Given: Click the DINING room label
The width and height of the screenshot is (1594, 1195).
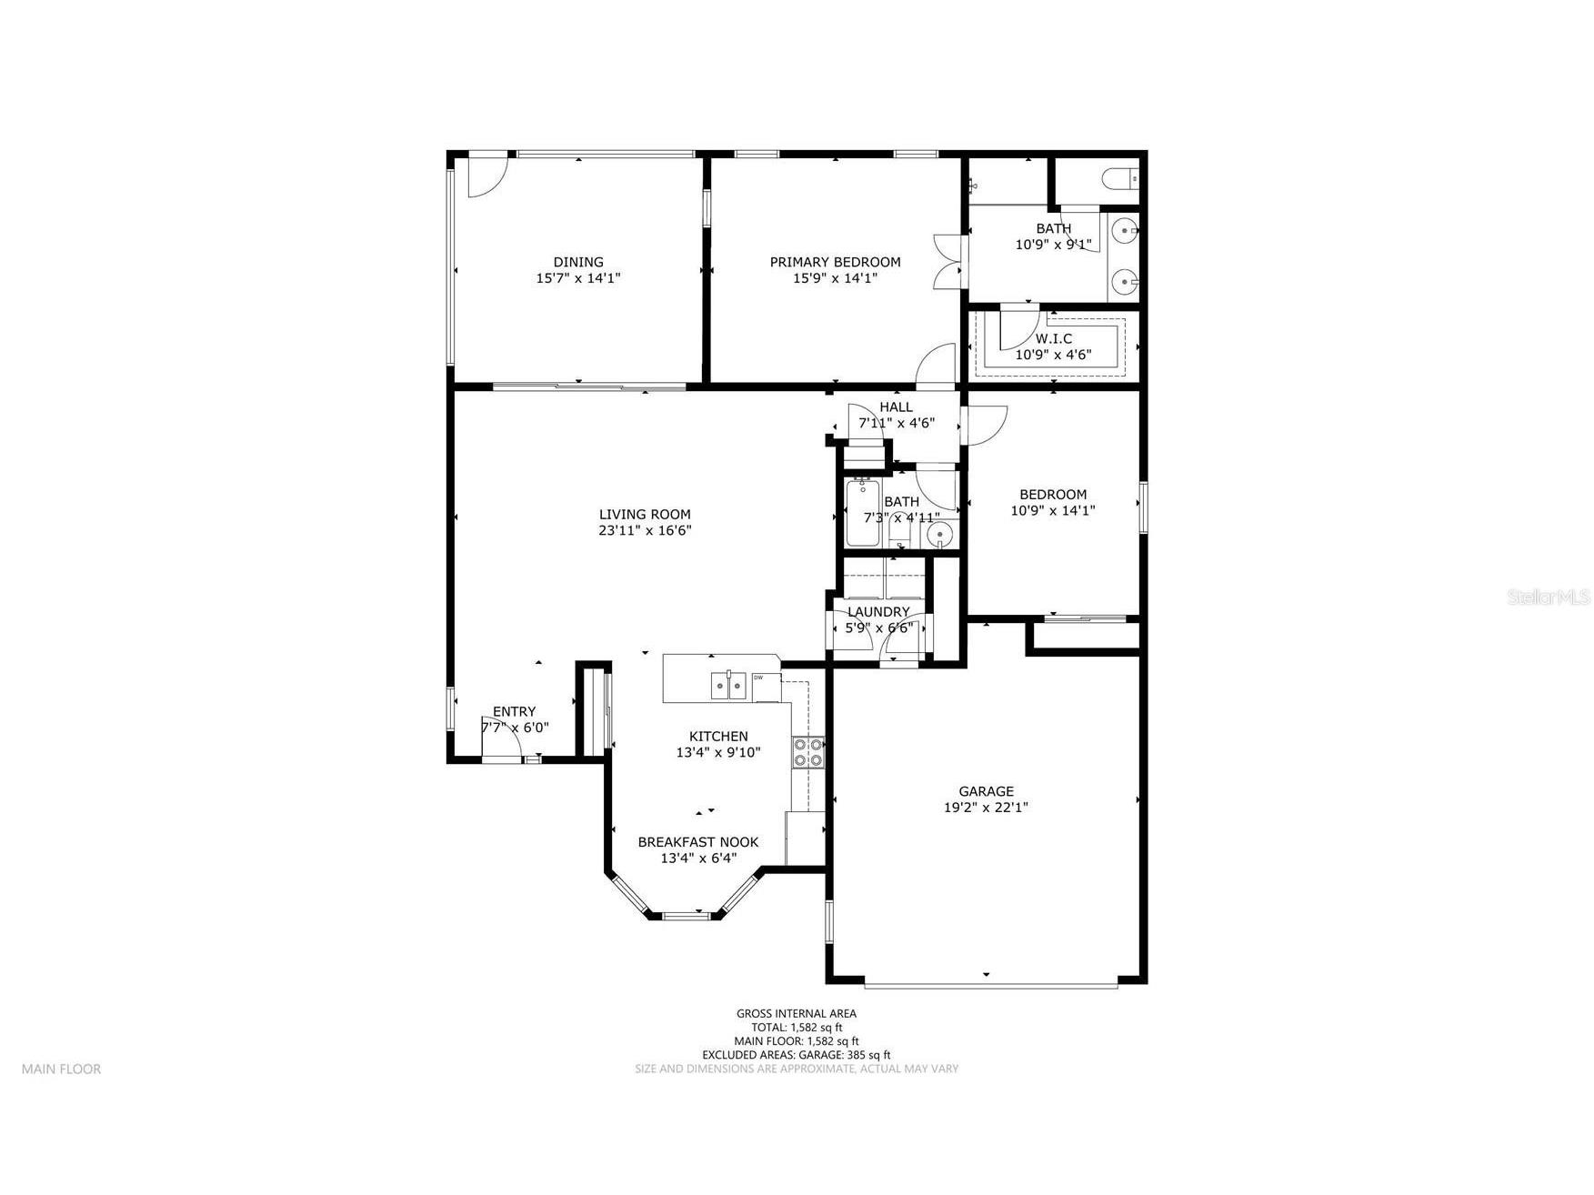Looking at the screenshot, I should click(x=578, y=262).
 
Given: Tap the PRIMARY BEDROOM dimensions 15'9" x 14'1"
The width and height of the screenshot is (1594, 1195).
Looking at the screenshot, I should click(x=835, y=278).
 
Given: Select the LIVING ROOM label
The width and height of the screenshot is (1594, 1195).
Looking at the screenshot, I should click(x=645, y=514).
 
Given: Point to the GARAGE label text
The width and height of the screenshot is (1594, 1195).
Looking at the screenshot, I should click(x=986, y=791).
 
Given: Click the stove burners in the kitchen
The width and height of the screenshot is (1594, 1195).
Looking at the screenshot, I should click(x=807, y=752).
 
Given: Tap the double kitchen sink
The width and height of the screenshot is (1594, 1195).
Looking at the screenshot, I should click(x=728, y=684).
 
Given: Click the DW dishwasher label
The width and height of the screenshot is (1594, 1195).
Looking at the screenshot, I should click(x=757, y=678).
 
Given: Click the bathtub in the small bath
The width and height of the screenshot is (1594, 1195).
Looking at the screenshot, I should click(x=862, y=514).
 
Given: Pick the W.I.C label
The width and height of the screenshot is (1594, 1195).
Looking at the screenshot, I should click(x=1053, y=338).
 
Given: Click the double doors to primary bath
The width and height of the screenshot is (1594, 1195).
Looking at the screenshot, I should click(x=947, y=262).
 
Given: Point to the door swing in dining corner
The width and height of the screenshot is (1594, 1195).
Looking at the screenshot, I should click(x=484, y=177).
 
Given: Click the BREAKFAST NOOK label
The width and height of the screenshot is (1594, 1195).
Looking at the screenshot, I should click(x=697, y=842).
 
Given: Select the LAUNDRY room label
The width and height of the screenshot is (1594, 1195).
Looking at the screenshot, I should click(x=878, y=612).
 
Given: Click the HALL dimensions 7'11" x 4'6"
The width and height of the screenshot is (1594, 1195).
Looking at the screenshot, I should click(x=896, y=423).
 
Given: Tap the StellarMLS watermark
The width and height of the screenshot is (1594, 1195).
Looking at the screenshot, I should click(x=1548, y=597).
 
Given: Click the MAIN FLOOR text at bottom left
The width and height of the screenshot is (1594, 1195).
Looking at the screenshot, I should click(x=61, y=1069).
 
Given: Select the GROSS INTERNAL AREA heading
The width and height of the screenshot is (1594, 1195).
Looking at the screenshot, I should click(x=796, y=1013).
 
